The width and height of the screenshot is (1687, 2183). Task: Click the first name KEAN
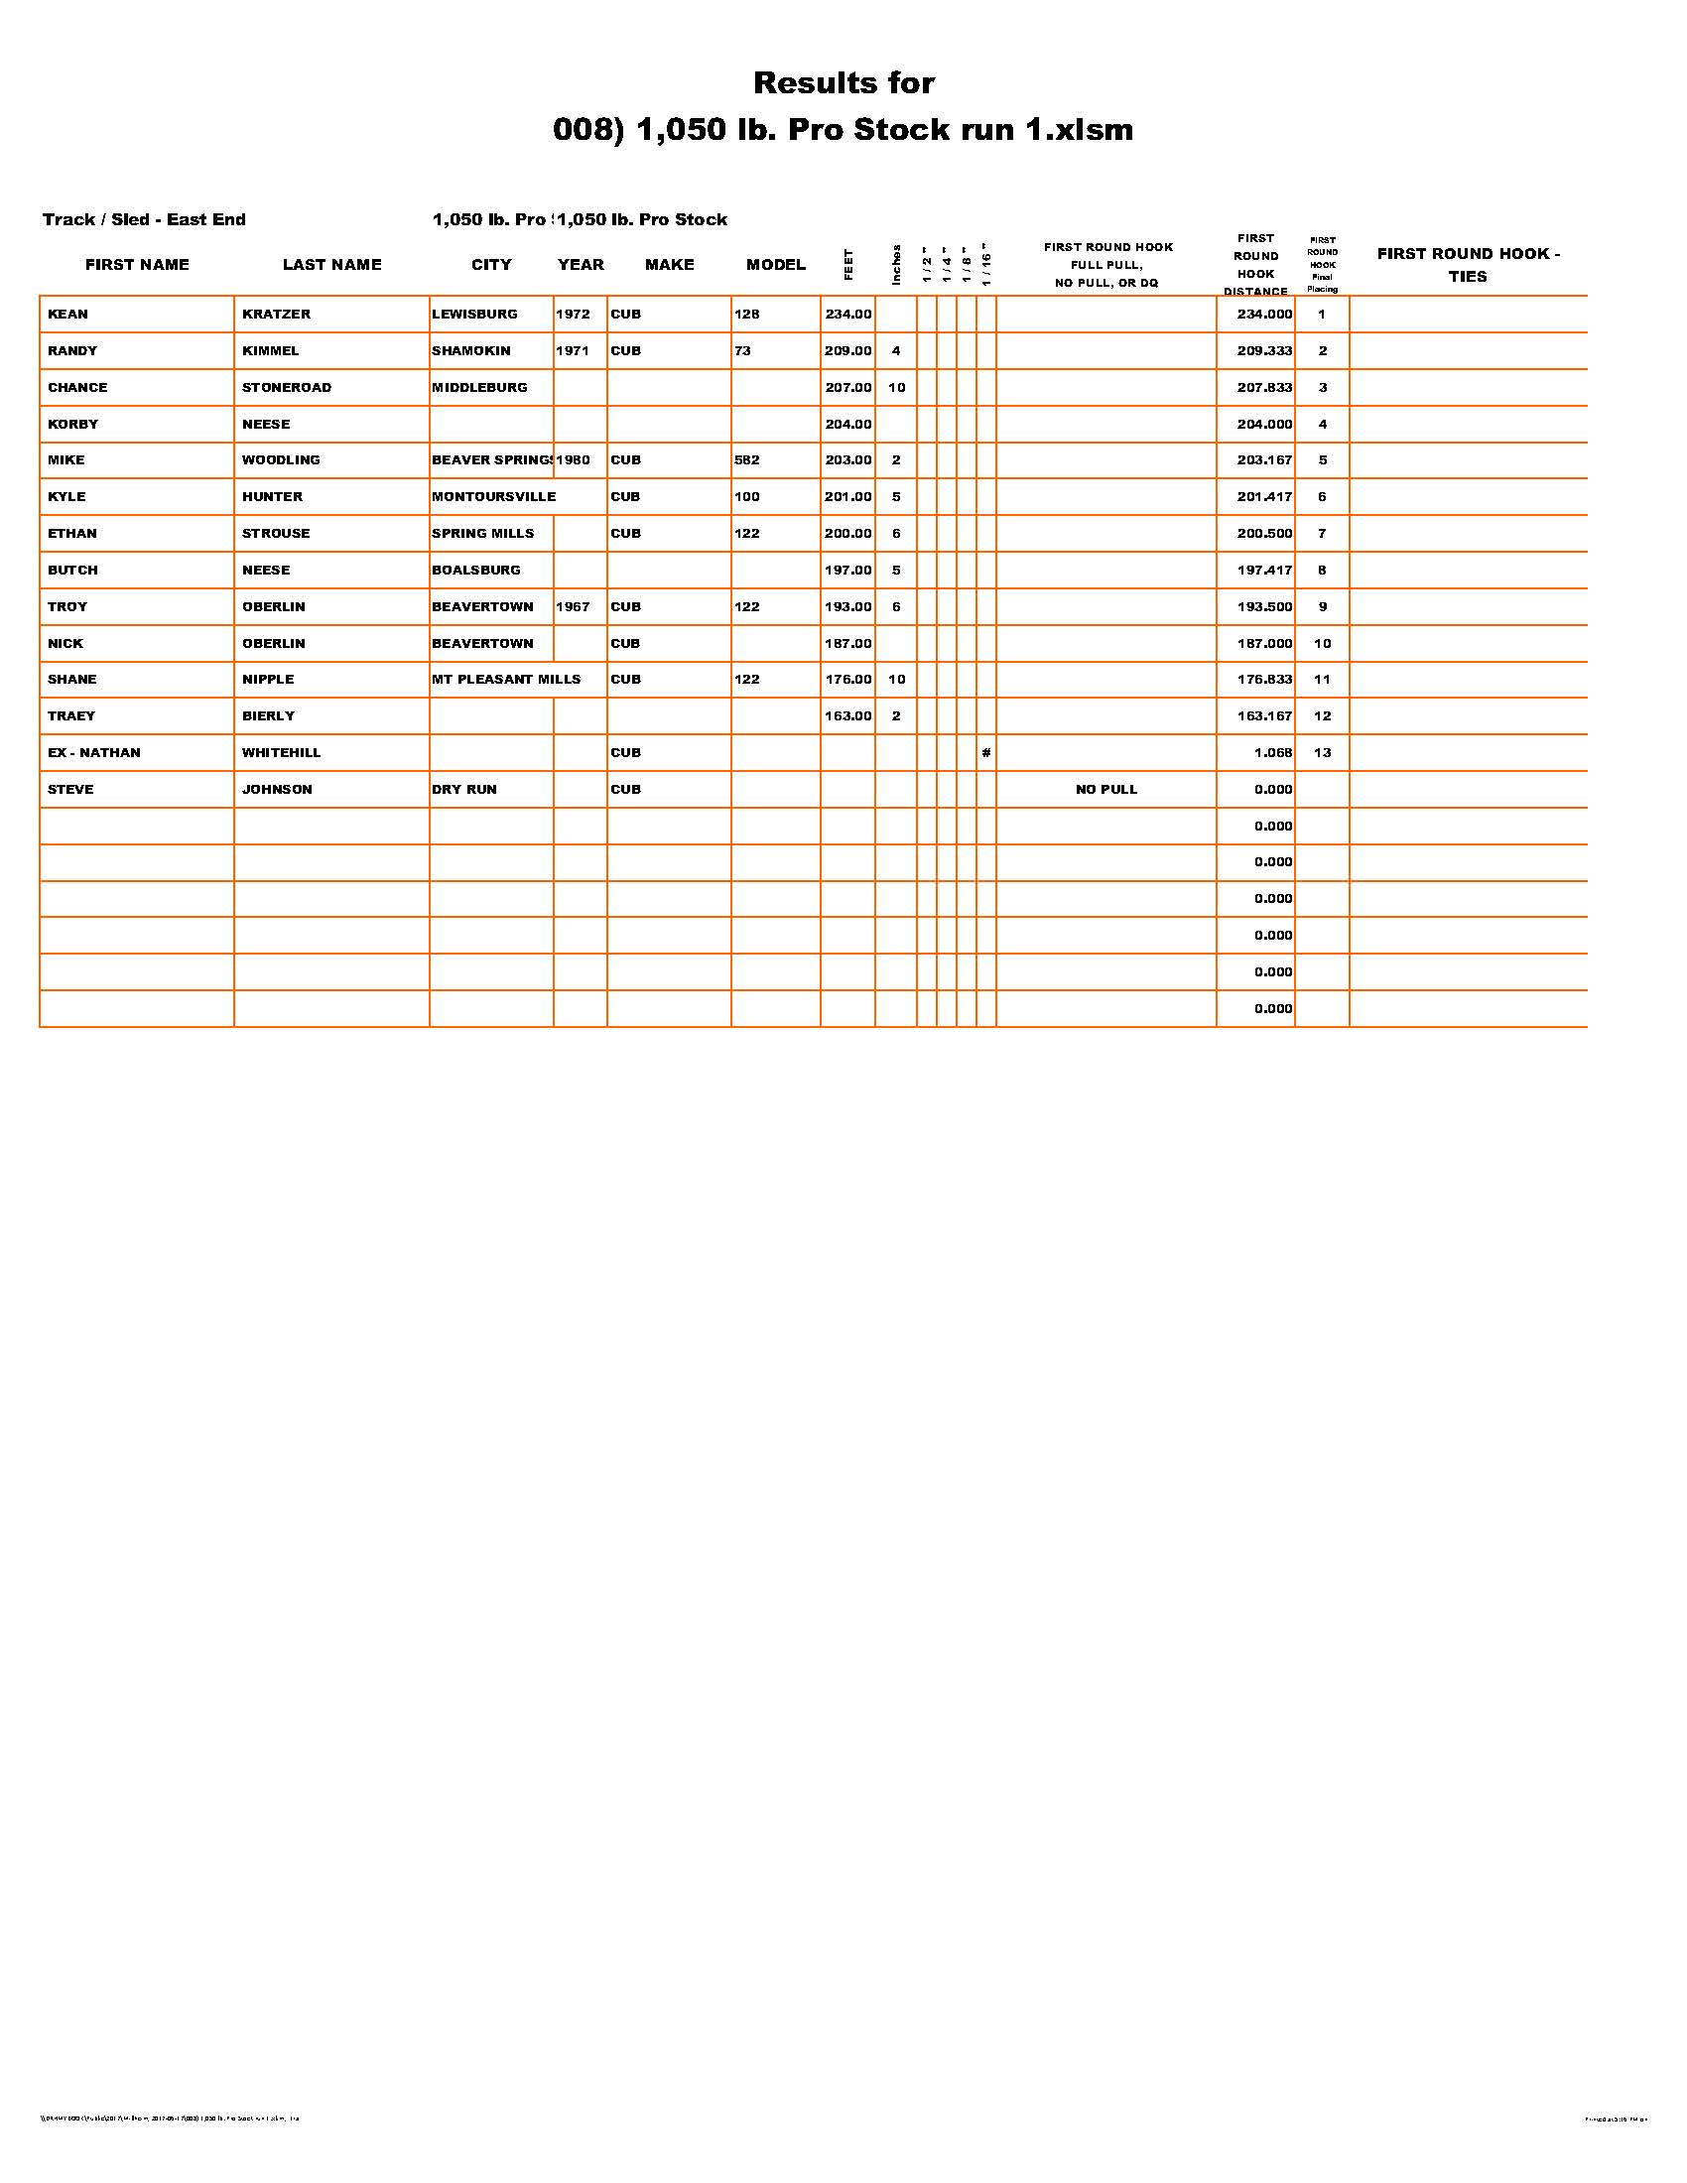(x=67, y=314)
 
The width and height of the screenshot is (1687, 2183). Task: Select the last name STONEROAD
(x=286, y=388)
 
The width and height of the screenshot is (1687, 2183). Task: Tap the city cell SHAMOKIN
(x=470, y=351)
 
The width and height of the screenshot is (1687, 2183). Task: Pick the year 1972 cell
(x=573, y=314)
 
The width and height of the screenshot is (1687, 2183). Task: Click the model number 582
(x=746, y=460)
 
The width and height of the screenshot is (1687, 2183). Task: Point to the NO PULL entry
(x=1106, y=790)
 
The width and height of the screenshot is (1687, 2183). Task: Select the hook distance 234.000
(x=1264, y=314)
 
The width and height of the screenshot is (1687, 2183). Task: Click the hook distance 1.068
(x=1273, y=753)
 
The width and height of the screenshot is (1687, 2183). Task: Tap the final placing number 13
(x=1322, y=753)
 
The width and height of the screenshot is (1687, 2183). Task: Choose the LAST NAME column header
(x=331, y=265)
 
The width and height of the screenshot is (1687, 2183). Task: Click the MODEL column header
(x=776, y=265)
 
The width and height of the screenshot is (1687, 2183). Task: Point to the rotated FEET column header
(x=848, y=264)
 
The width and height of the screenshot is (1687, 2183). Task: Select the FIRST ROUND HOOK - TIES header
(x=1468, y=265)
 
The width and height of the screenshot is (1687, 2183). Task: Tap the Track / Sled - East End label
(x=144, y=220)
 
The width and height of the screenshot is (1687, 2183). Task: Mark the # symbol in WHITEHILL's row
(x=985, y=753)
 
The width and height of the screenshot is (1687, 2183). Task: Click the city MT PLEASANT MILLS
(x=506, y=680)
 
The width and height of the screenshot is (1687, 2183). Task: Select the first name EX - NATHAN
(x=94, y=753)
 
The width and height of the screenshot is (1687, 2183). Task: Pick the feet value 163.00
(x=847, y=716)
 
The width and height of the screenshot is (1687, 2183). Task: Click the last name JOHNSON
(x=277, y=790)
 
